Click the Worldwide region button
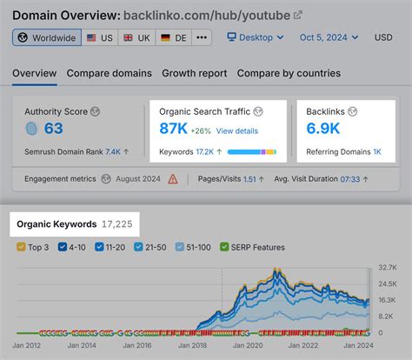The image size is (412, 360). [47, 38]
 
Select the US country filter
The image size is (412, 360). [101, 38]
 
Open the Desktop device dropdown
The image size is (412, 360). [256, 38]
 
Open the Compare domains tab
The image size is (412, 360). [109, 73]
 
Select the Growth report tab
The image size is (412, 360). [194, 73]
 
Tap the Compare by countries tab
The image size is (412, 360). [289, 73]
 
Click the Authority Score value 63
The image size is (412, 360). [53, 129]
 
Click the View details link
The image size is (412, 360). [237, 130]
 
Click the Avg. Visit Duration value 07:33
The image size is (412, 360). [349, 179]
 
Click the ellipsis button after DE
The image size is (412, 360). [202, 38]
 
